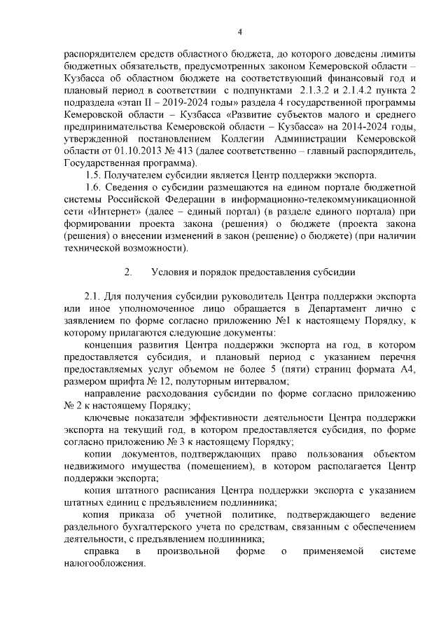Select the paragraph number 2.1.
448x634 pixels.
click(93, 295)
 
